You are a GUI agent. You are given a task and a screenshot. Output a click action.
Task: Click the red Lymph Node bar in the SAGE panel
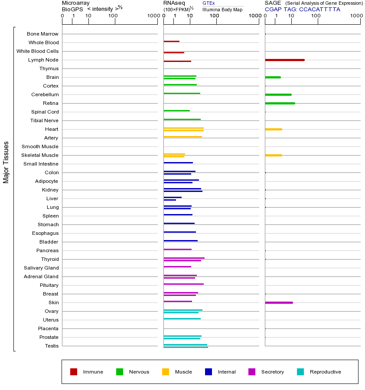(x=284, y=60)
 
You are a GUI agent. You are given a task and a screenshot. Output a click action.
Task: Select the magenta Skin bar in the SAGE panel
(x=279, y=302)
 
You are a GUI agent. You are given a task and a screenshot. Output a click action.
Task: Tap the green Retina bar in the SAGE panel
(x=280, y=103)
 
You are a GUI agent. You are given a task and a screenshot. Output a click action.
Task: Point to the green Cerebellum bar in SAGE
(x=278, y=94)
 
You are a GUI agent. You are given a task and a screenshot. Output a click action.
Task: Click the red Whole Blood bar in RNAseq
(x=171, y=42)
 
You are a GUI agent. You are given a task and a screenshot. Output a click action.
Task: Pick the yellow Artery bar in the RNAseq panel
(x=182, y=137)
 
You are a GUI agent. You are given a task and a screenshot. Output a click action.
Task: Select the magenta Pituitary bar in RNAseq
(x=183, y=284)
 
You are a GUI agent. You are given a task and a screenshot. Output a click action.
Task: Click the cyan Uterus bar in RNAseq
(x=182, y=319)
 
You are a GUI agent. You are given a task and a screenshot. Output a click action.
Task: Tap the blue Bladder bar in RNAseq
(x=180, y=241)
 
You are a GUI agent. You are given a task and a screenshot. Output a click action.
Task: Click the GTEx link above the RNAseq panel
(x=209, y=3)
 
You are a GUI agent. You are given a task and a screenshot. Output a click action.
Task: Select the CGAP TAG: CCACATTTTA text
(x=302, y=9)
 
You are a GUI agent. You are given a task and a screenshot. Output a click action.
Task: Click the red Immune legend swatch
(x=74, y=372)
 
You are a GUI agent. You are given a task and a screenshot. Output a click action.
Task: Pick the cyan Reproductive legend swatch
(x=300, y=372)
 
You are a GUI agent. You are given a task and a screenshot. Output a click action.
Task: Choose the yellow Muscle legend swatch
(x=166, y=372)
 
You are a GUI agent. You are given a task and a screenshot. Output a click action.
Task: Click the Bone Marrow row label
(x=42, y=34)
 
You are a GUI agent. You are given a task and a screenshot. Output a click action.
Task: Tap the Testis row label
(x=52, y=346)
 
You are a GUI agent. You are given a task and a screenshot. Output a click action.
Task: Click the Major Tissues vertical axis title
(x=6, y=162)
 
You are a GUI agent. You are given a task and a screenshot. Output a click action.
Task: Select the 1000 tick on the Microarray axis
(x=153, y=16)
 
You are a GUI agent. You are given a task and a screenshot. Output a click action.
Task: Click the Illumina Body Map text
(x=222, y=9)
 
